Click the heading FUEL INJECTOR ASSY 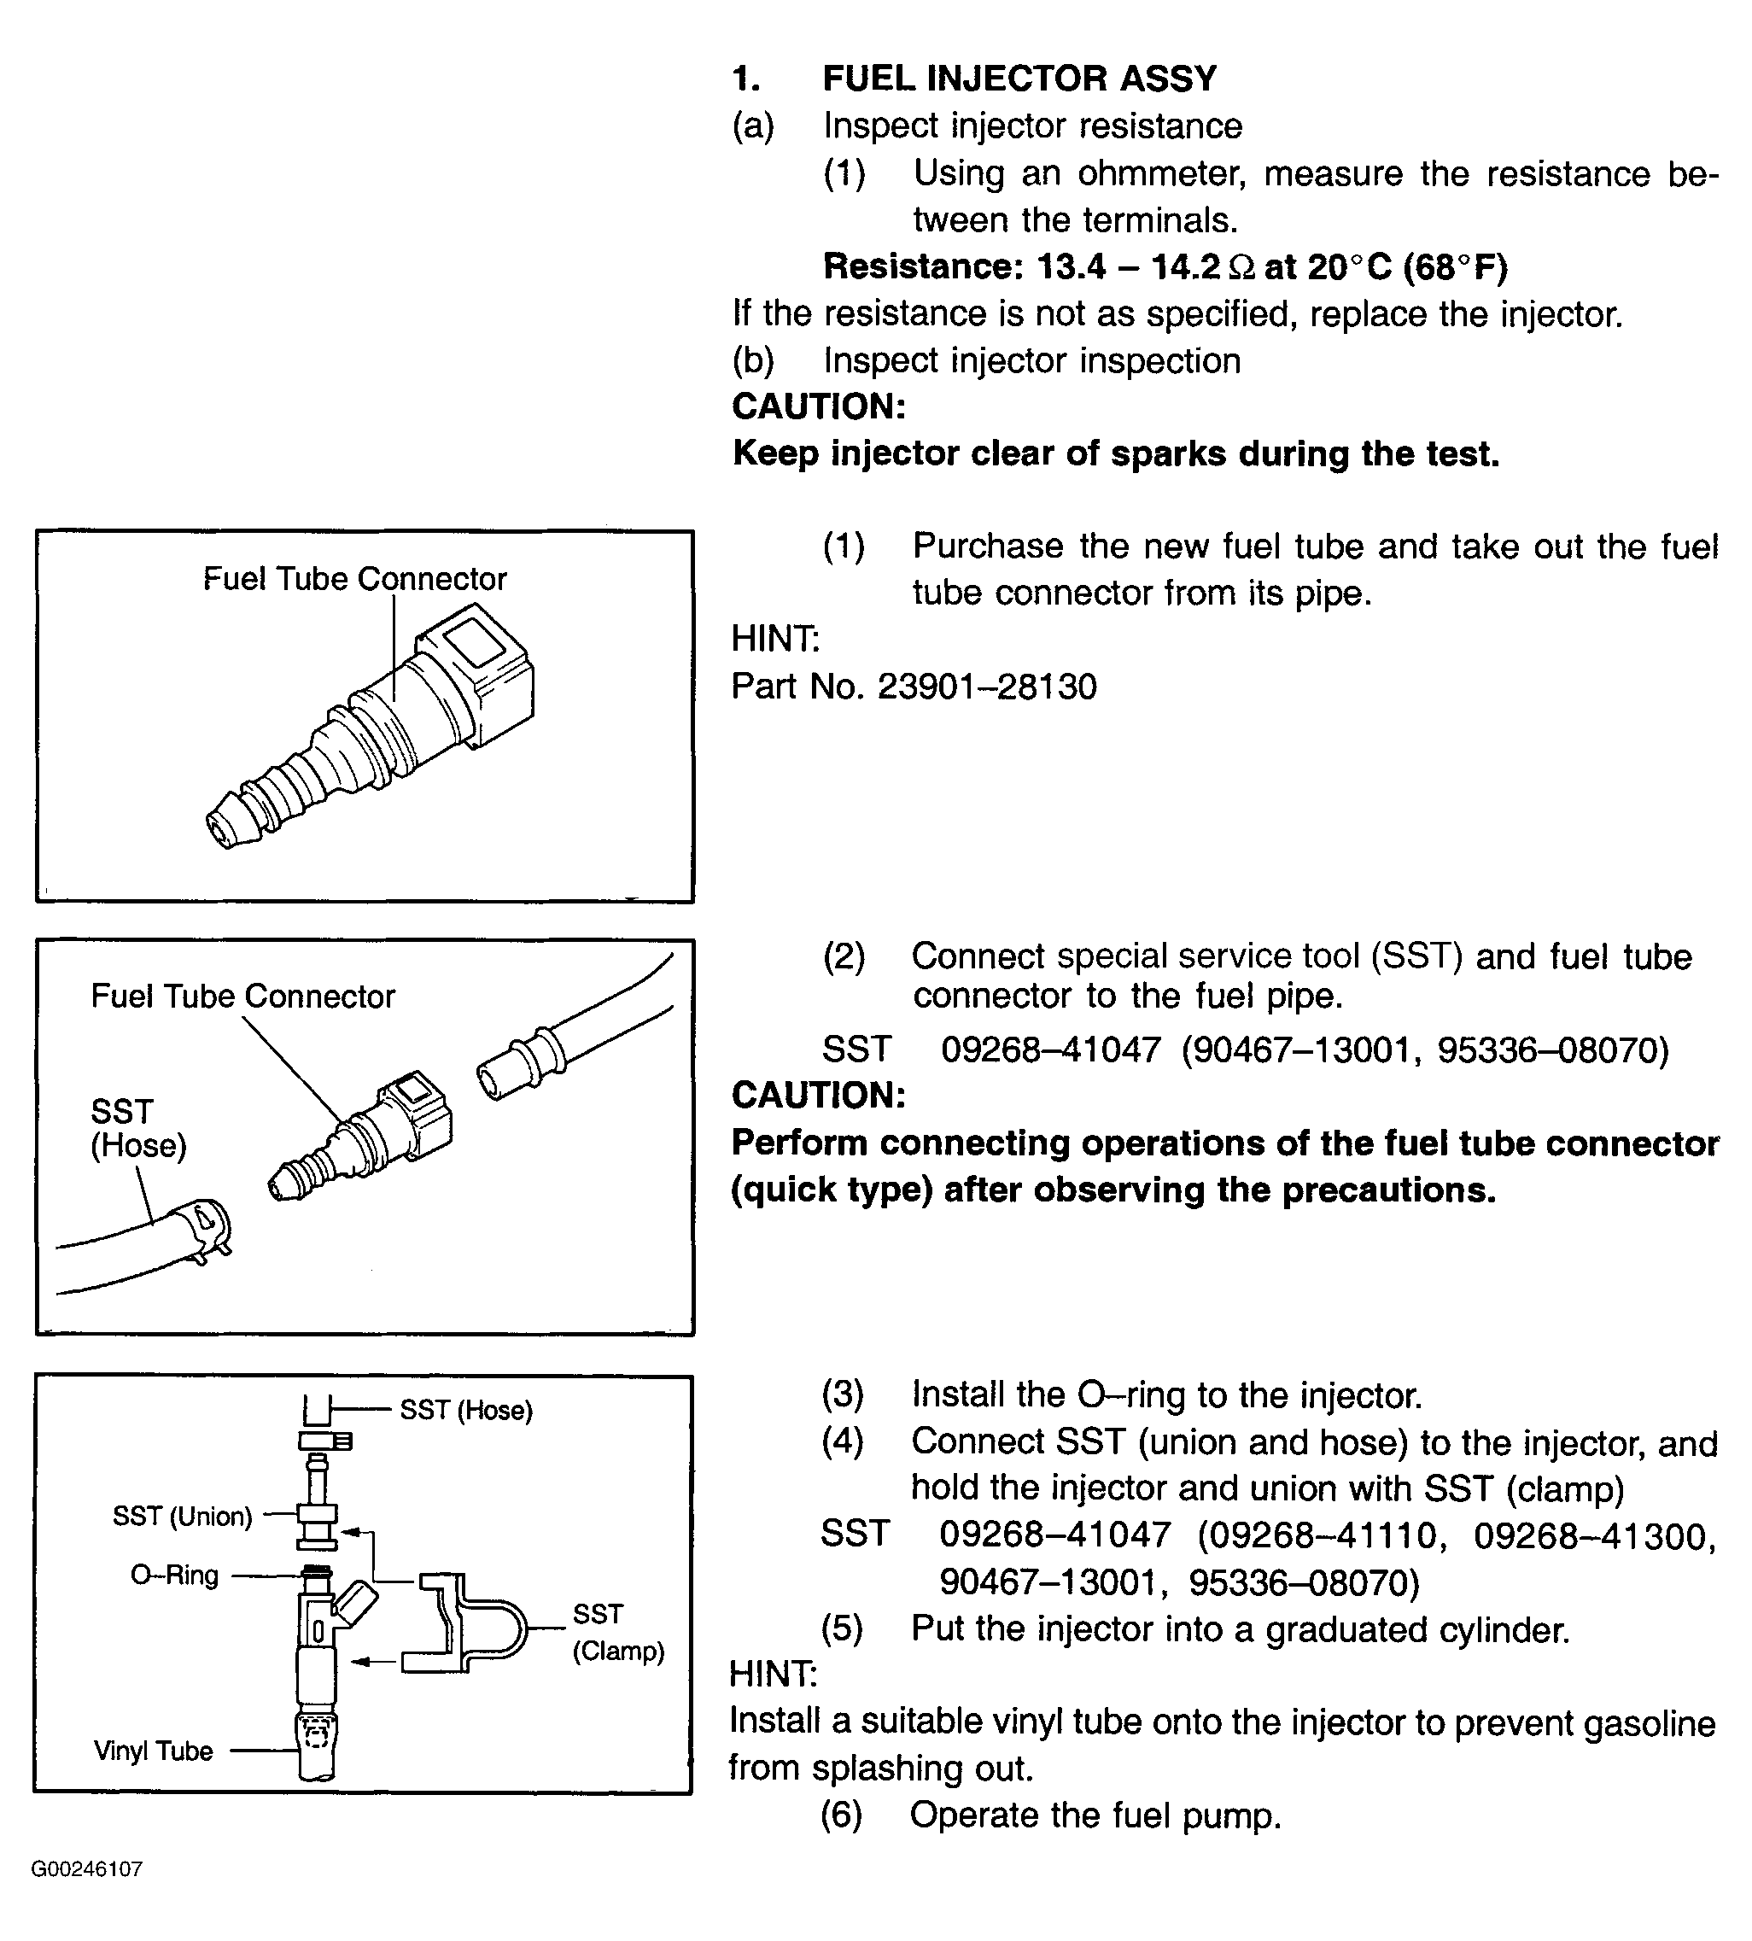[x=1019, y=78]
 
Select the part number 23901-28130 [x=987, y=687]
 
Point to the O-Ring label [x=174, y=1576]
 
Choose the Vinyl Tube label [x=153, y=1751]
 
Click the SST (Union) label [x=182, y=1517]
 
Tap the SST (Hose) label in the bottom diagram [x=466, y=1411]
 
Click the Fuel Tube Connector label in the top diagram [x=354, y=579]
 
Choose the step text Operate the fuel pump [x=1095, y=1815]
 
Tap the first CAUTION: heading [x=818, y=406]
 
